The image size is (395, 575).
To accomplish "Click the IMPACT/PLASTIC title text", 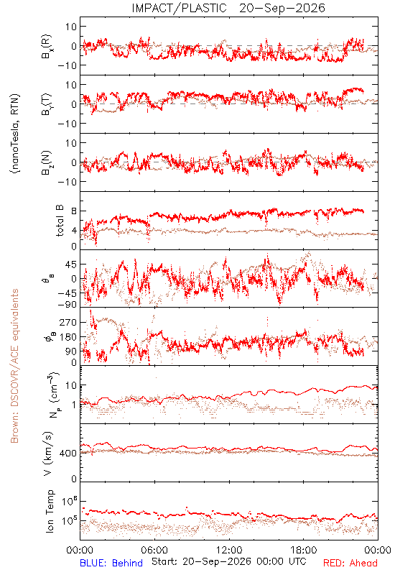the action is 179,8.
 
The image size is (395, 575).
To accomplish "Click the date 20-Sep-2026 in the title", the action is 282,8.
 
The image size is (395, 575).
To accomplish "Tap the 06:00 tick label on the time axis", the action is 154,550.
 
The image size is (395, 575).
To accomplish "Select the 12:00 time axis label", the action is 229,550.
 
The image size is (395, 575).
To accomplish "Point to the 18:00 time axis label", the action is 304,550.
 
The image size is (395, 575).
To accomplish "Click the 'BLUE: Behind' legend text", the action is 111,563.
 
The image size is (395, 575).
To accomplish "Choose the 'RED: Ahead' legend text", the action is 350,563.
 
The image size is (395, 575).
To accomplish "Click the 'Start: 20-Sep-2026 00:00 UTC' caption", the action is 229,561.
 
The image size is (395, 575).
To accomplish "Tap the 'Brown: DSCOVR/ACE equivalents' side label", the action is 14,366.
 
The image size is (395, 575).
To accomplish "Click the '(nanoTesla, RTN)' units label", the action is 15,134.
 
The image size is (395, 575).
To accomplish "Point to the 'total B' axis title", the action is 60,221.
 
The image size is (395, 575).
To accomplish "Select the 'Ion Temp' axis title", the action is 50,511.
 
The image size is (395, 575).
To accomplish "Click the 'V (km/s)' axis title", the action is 48,454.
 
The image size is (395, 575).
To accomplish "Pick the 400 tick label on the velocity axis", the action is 68,454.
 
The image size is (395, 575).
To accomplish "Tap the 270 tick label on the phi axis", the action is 68,322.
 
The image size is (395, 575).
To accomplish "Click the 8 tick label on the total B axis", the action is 74,211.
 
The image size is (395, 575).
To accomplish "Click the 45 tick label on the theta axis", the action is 71,264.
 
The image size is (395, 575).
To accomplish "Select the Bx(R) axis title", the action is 47,47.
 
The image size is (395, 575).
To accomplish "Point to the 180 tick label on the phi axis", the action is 68,337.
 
